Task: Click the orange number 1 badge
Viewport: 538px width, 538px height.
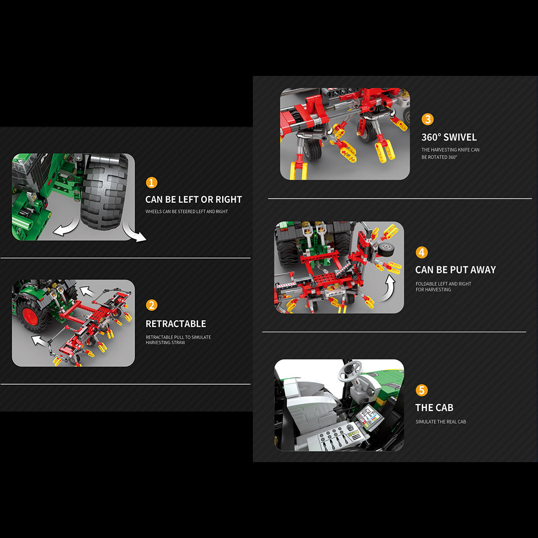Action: pyautogui.click(x=151, y=182)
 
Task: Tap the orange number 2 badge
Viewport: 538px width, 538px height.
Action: pyautogui.click(x=151, y=305)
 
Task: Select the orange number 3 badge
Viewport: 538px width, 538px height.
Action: pyautogui.click(x=428, y=119)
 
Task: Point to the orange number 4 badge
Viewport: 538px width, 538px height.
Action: pyautogui.click(x=422, y=252)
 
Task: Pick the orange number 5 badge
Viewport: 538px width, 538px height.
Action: pyautogui.click(x=422, y=390)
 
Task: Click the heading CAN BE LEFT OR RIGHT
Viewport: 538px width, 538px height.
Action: pyautogui.click(x=194, y=200)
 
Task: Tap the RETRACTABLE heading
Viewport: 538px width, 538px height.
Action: pyautogui.click(x=176, y=323)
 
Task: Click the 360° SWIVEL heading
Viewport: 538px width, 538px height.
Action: pyautogui.click(x=449, y=137)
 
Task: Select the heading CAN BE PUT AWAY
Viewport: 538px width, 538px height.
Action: pyautogui.click(x=456, y=270)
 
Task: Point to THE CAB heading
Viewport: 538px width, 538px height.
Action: pyautogui.click(x=434, y=408)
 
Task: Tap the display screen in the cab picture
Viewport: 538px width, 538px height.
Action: pyautogui.click(x=369, y=416)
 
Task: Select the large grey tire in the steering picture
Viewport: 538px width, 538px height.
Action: pyautogui.click(x=105, y=192)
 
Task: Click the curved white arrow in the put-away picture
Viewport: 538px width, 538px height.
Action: pyautogui.click(x=388, y=288)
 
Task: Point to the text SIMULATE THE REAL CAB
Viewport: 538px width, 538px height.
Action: pyautogui.click(x=441, y=422)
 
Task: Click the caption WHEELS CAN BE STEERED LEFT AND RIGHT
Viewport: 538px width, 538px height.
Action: pyautogui.click(x=187, y=211)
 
